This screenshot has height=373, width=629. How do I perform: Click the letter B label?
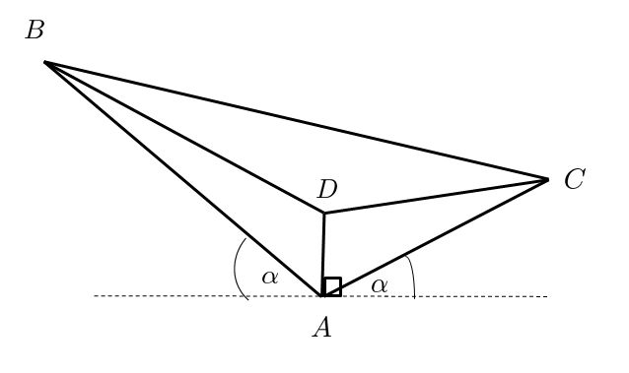pos(35,31)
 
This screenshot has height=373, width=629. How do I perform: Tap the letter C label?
pos(575,179)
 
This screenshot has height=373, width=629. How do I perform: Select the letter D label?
pos(327,189)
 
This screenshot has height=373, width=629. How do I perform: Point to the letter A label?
pos(321,329)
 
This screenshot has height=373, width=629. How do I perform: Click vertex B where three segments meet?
pos(45,62)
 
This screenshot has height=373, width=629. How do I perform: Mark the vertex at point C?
pos(547,179)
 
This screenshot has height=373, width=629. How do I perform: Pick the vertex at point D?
pos(324,213)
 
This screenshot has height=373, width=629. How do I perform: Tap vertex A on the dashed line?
pos(322,295)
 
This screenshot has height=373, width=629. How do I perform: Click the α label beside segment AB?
pos(269,278)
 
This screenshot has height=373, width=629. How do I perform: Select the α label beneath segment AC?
pos(380,285)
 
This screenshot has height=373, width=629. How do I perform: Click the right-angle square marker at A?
pos(332,286)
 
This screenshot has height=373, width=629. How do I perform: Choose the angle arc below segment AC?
pos(412,281)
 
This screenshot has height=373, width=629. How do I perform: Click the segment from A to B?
pos(183,178)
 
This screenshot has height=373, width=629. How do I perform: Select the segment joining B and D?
pos(184,137)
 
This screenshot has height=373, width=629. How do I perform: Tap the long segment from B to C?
pos(296,120)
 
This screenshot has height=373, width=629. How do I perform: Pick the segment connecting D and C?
pos(436,196)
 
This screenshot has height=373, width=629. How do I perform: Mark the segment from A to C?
pos(435,237)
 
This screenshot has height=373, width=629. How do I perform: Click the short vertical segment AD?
pos(323,254)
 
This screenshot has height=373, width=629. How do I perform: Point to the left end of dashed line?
pos(95,295)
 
